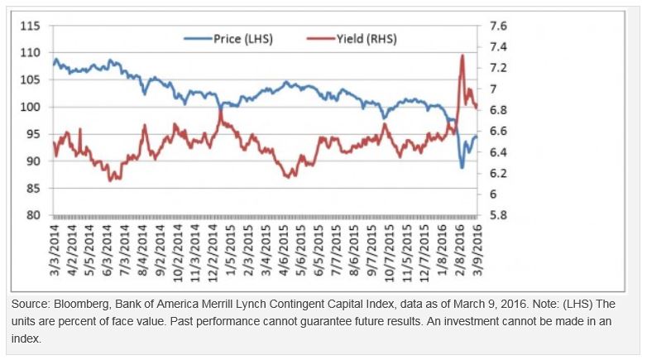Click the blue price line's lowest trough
(462, 168)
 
